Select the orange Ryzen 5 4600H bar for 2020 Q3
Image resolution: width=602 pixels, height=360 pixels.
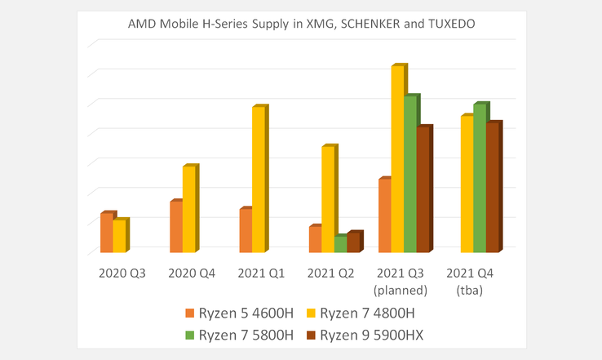point(107,233)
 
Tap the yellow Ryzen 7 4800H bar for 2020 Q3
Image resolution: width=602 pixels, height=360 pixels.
point(119,237)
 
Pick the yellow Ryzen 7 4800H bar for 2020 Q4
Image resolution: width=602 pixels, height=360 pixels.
point(188,210)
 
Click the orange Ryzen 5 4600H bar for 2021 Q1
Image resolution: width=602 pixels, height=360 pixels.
point(246,231)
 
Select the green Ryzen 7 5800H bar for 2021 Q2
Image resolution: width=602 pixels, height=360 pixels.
point(340,244)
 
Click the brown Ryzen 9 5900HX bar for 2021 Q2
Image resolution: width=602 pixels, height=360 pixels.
point(353,242)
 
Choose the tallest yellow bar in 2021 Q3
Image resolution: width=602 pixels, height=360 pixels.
point(397,159)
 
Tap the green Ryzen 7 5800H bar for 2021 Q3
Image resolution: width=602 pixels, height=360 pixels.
point(410,175)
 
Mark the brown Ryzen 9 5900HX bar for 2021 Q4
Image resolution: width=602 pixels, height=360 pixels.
point(493,188)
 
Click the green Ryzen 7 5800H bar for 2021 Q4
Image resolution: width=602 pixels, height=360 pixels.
point(480,179)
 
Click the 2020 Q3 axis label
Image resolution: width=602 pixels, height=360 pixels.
point(122,273)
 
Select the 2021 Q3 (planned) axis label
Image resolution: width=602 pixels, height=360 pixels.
point(401,281)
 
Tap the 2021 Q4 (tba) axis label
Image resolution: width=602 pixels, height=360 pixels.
point(470,281)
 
